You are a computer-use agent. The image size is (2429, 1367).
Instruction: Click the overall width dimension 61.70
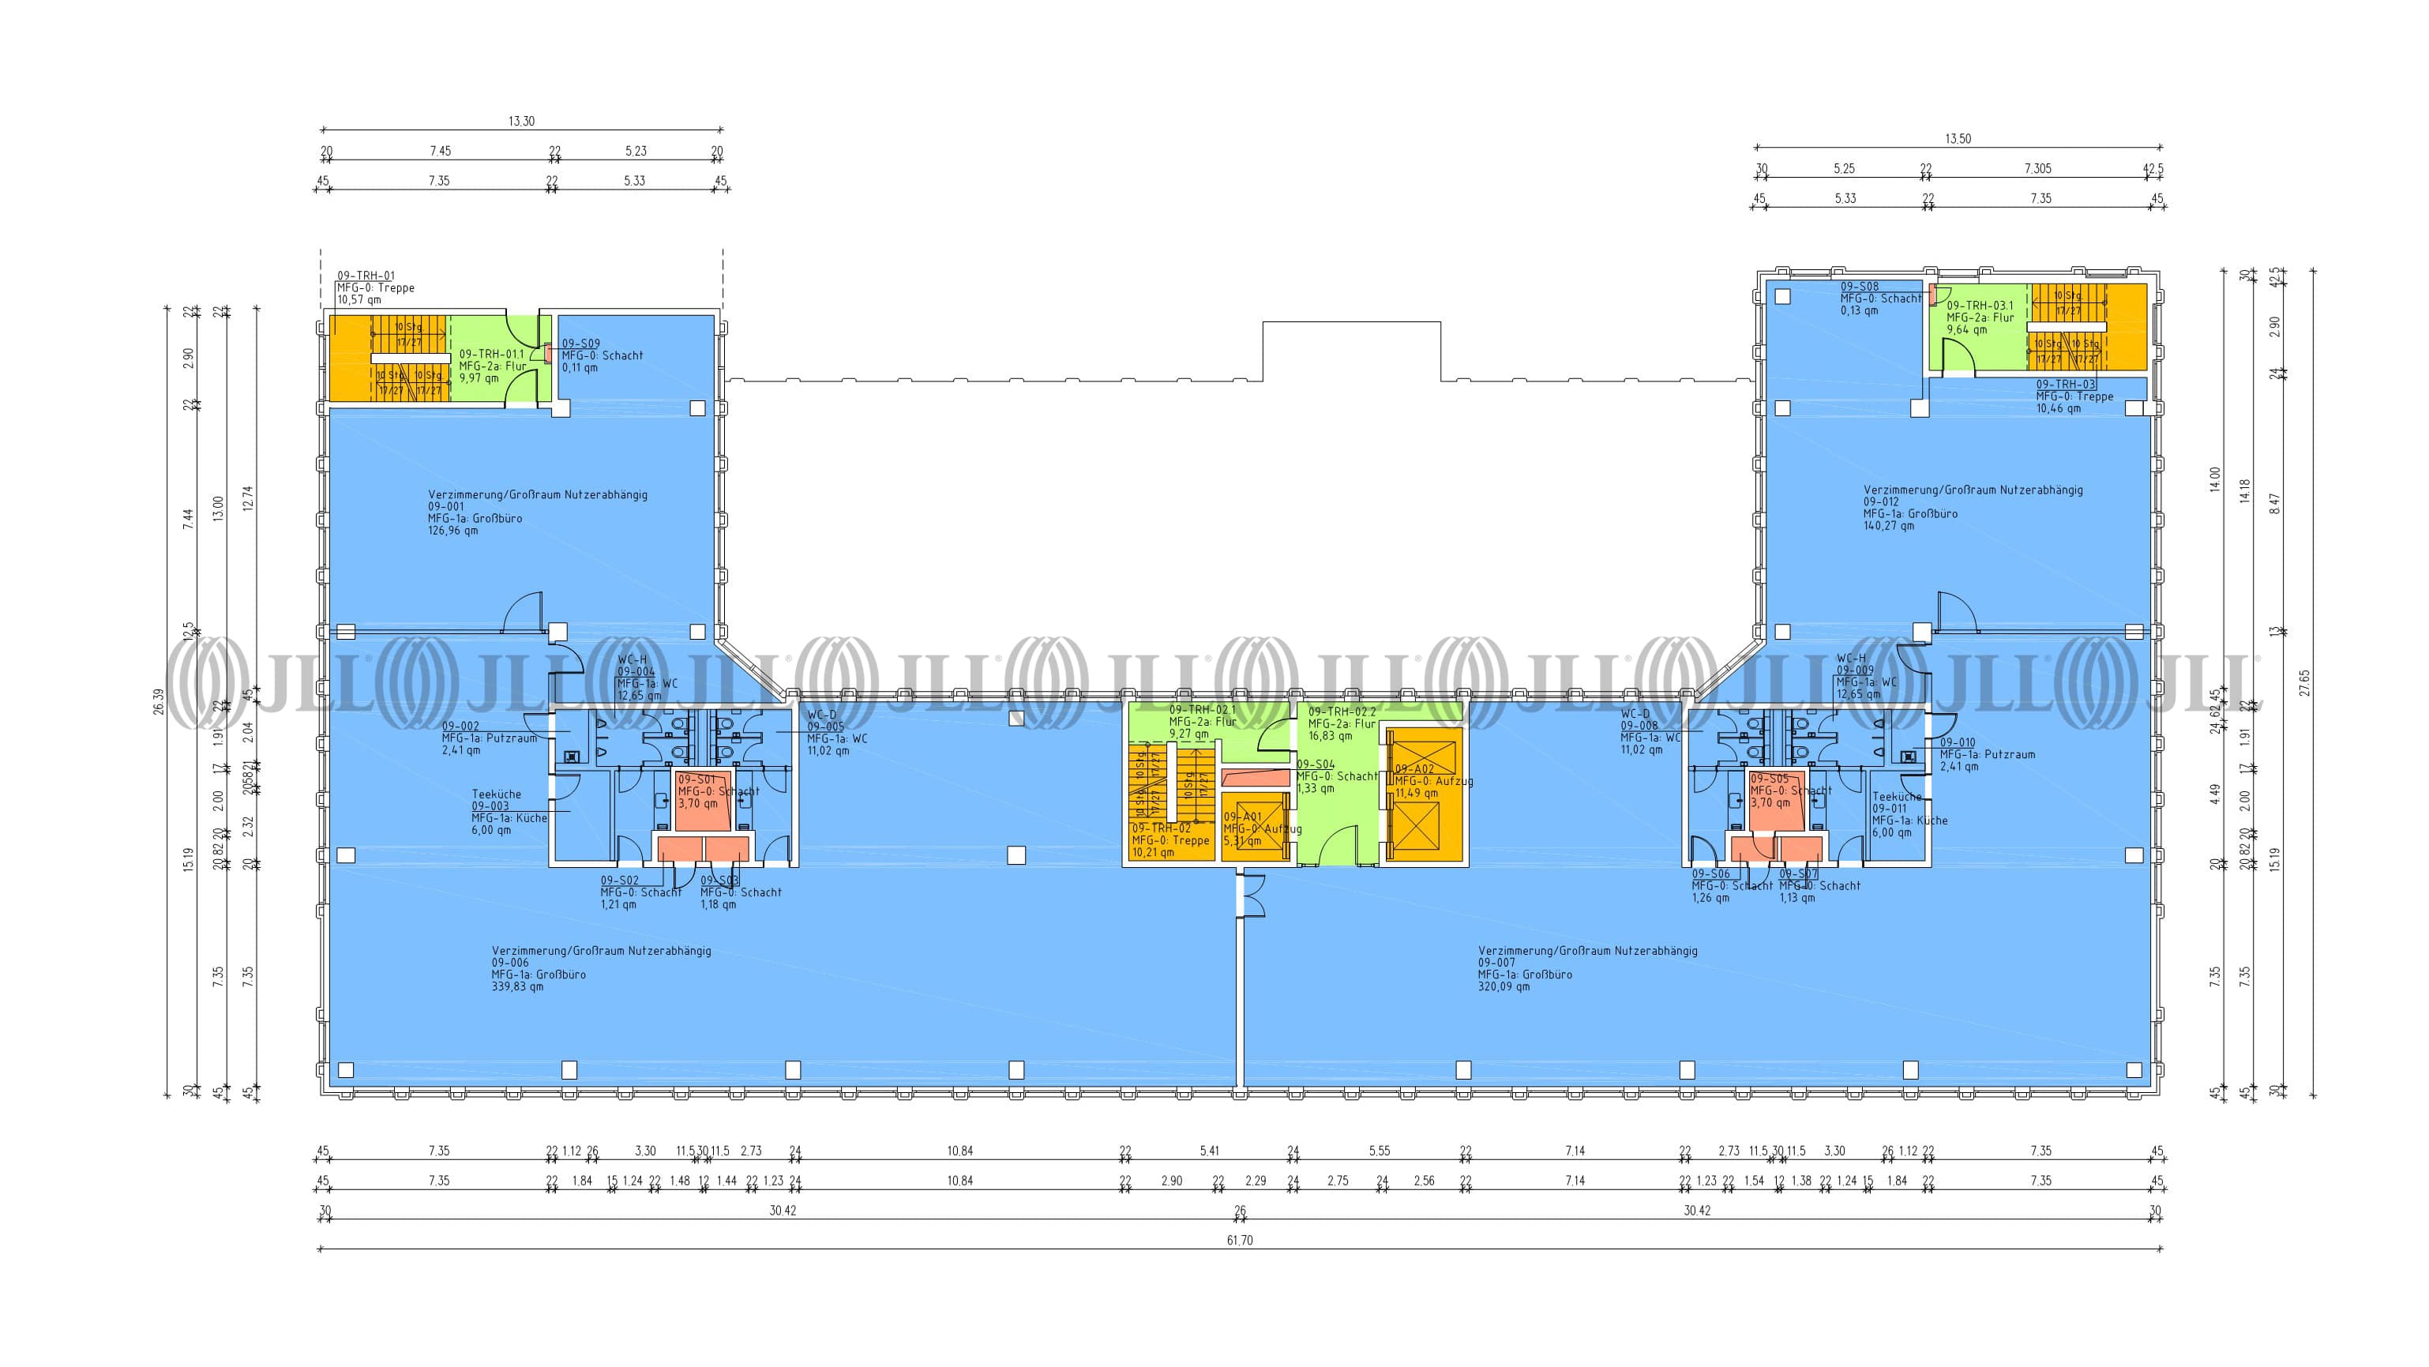[1239, 1241]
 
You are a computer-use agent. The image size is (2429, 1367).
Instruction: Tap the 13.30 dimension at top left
[521, 122]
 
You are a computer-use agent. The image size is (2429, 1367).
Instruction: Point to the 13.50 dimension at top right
[1958, 138]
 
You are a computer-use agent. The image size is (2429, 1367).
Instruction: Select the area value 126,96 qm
[452, 531]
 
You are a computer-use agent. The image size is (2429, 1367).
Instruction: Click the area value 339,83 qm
[516, 987]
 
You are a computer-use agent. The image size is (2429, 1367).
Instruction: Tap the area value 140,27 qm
[1888, 526]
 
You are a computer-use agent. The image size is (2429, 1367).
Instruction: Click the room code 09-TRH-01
[366, 276]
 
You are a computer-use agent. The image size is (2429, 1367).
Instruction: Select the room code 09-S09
[581, 344]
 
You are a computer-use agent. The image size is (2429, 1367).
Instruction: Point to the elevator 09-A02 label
[1414, 769]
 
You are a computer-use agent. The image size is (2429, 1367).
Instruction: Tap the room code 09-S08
[1860, 287]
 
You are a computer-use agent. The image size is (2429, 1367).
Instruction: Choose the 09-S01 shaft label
[696, 779]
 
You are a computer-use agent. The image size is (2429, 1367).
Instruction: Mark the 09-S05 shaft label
[1769, 779]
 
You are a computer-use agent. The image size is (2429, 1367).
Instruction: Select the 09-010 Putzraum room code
[1958, 743]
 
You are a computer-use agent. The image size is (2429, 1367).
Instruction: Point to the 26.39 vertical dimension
[159, 701]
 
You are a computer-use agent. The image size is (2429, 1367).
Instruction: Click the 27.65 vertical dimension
[2303, 682]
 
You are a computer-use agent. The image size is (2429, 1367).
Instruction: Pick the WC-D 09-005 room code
[825, 727]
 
